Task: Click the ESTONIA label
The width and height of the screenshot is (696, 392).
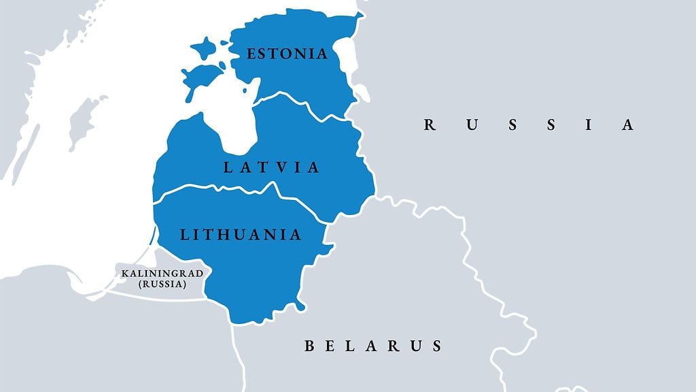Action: [287, 54]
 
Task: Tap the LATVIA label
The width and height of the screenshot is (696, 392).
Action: [271, 167]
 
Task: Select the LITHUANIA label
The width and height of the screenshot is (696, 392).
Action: [241, 235]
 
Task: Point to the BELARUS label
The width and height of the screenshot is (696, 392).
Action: [373, 346]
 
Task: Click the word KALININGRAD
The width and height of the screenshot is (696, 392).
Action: [162, 274]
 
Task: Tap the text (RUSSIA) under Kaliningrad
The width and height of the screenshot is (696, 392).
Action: [162, 284]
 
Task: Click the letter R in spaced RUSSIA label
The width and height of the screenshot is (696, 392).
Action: [429, 125]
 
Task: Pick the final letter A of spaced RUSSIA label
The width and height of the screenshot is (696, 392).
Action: [628, 125]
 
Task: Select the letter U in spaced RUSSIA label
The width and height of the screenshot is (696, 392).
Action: [470, 125]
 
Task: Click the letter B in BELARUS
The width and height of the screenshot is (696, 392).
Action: [309, 346]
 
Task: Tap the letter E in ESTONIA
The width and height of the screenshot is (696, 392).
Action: [251, 54]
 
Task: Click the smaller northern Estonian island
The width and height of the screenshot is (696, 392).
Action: [203, 48]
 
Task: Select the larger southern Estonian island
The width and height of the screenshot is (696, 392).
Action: [201, 76]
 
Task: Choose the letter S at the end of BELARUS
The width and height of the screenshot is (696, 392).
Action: [436, 346]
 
